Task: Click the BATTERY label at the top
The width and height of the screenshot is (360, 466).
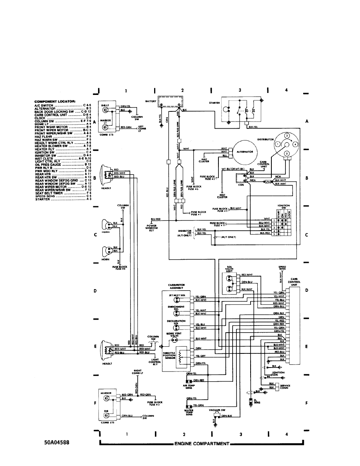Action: pos(151,101)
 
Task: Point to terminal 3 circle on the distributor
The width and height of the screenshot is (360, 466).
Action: pos(287,136)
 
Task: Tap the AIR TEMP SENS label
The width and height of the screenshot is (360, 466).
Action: pos(189,386)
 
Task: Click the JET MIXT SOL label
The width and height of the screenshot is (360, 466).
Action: pos(176,294)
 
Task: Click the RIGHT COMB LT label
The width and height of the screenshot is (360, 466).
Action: pos(137,372)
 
